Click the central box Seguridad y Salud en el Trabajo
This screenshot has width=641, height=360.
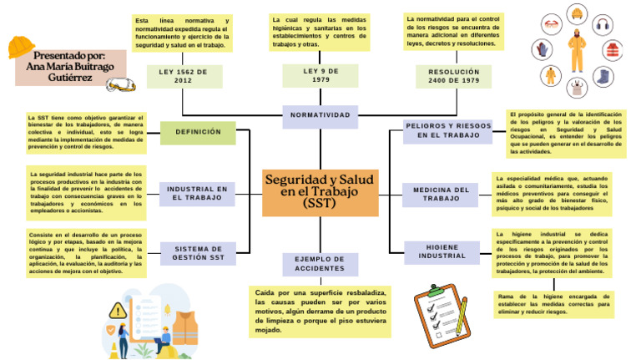click(x=320, y=190)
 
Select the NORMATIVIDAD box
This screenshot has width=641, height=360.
click(x=320, y=115)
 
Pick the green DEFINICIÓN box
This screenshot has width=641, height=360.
click(x=199, y=133)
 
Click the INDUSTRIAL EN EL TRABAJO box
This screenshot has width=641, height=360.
click(x=199, y=194)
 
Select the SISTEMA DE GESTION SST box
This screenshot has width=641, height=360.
click(x=199, y=253)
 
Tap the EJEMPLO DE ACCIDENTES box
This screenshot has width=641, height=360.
click(x=320, y=264)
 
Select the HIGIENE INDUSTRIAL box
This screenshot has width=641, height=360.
click(x=442, y=252)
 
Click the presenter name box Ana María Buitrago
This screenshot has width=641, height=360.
click(x=70, y=67)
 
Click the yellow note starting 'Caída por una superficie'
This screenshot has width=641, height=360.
click(x=320, y=312)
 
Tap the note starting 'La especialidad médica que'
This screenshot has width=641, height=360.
click(x=552, y=195)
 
